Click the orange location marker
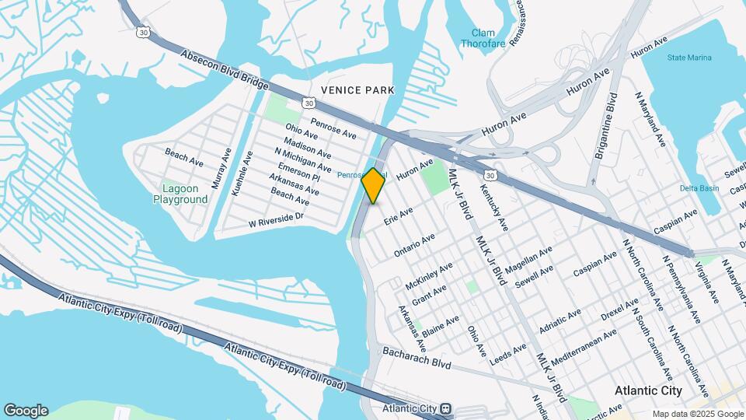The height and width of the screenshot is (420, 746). pos(374,186)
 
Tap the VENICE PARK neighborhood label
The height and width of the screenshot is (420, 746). pos(353,90)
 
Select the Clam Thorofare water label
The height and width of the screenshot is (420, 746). pos(488,38)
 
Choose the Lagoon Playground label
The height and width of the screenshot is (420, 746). pos(185,194)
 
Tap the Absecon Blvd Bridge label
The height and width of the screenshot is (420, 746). pos(225,69)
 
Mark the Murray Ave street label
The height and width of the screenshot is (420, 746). pos(221,169)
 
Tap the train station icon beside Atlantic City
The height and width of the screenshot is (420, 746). pos(446,408)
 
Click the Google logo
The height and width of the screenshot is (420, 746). pos(26,411)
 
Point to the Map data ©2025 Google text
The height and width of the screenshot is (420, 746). pos(696,414)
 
